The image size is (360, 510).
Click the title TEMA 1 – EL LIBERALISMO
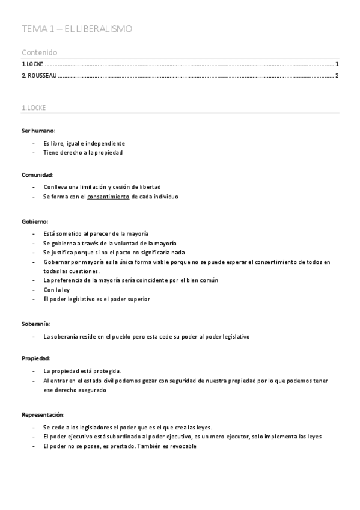tap(77, 29)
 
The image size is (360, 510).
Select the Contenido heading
tap(39, 52)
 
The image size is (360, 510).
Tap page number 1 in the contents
tap(337, 64)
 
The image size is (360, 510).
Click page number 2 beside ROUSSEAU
tap(337, 75)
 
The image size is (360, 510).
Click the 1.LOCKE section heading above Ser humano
tap(34, 108)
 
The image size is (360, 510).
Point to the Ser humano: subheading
tap(38, 131)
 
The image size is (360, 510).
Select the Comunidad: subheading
tap(38, 174)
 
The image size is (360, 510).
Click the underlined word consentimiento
tap(108, 197)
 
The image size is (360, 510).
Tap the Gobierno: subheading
tap(35, 221)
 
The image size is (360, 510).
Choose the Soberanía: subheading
tap(36, 324)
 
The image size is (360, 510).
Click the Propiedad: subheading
tap(36, 358)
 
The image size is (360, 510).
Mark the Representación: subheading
tap(43, 414)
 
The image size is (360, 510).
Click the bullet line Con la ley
tap(57, 289)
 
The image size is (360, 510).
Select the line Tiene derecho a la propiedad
tap(83, 153)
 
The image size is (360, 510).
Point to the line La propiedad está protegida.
tap(82, 370)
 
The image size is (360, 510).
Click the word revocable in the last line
tap(182, 446)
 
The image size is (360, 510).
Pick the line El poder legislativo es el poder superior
tap(97, 299)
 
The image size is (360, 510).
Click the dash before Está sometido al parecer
tap(34, 233)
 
